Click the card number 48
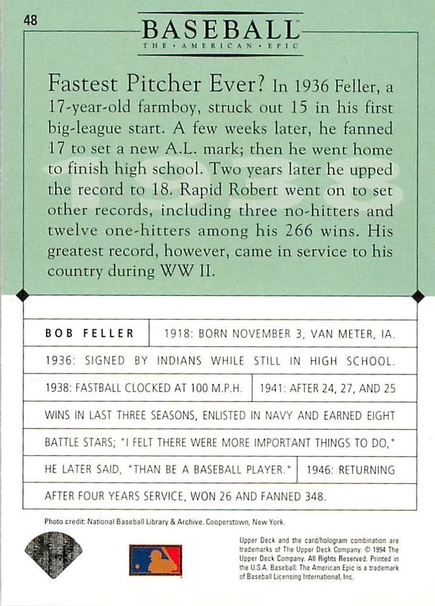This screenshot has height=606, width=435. (32, 21)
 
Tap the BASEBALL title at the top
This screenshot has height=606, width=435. (220, 29)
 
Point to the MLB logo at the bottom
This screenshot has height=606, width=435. (155, 560)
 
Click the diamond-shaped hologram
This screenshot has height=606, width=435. (53, 554)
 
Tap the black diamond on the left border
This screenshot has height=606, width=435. (22, 296)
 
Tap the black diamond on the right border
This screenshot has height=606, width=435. (417, 296)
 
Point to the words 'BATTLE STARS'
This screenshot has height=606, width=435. (74, 442)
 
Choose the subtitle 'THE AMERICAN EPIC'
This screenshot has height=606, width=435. (220, 46)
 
